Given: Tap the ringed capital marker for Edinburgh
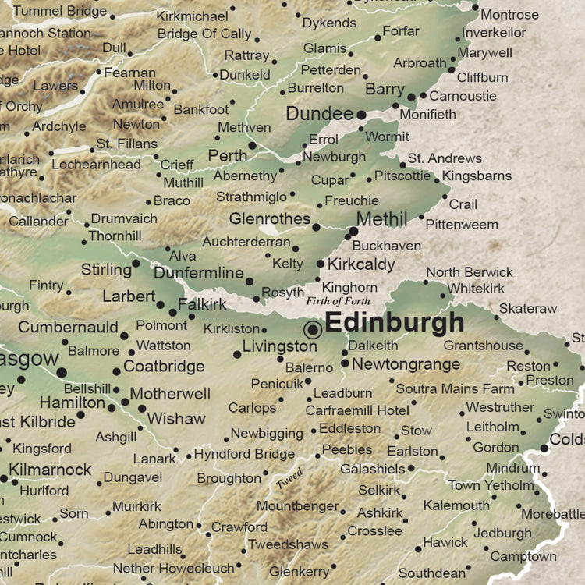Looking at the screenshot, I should click(x=314, y=329).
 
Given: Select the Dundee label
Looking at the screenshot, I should click(x=320, y=114).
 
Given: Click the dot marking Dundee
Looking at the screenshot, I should click(x=361, y=115).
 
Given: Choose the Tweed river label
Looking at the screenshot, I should click(x=289, y=478).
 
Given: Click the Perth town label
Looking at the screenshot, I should click(x=228, y=155).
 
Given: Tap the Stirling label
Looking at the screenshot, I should click(x=106, y=270).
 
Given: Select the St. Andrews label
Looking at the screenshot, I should click(x=445, y=158).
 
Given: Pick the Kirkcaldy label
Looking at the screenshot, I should click(x=361, y=264).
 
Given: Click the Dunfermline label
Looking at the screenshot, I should click(x=198, y=273).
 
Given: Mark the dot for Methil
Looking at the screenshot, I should click(x=353, y=231).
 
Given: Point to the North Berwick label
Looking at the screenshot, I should click(x=470, y=272).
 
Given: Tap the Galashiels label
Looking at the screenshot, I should click(x=372, y=469).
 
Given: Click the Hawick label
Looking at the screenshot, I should click(x=445, y=542).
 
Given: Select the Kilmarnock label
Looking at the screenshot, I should click(x=50, y=470).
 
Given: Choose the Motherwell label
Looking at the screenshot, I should click(x=170, y=394).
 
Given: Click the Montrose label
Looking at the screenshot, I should click(x=509, y=15).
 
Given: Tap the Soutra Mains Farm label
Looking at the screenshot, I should click(x=456, y=388).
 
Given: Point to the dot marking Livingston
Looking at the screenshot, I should click(x=237, y=354).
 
